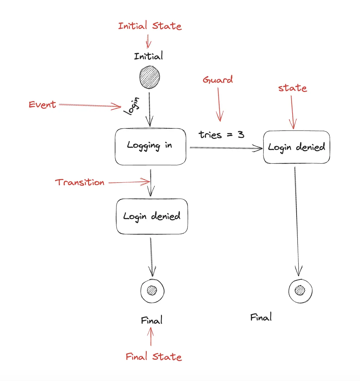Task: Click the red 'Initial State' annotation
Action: coord(150,25)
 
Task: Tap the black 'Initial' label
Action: coord(149,56)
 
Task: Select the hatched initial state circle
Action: coord(150,77)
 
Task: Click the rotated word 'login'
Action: coord(132,106)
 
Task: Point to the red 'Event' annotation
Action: coord(42,105)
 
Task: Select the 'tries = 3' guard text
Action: coord(222,134)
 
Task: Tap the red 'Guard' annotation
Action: coord(218,80)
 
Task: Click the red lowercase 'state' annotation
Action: coord(292,88)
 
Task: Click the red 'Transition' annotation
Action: coord(80,182)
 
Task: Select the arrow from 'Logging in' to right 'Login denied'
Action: coord(226,148)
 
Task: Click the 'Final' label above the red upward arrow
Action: coord(151,320)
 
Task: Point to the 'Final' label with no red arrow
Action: coord(261,317)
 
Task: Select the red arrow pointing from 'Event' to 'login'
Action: coord(90,106)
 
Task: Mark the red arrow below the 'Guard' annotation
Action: coord(219,104)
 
